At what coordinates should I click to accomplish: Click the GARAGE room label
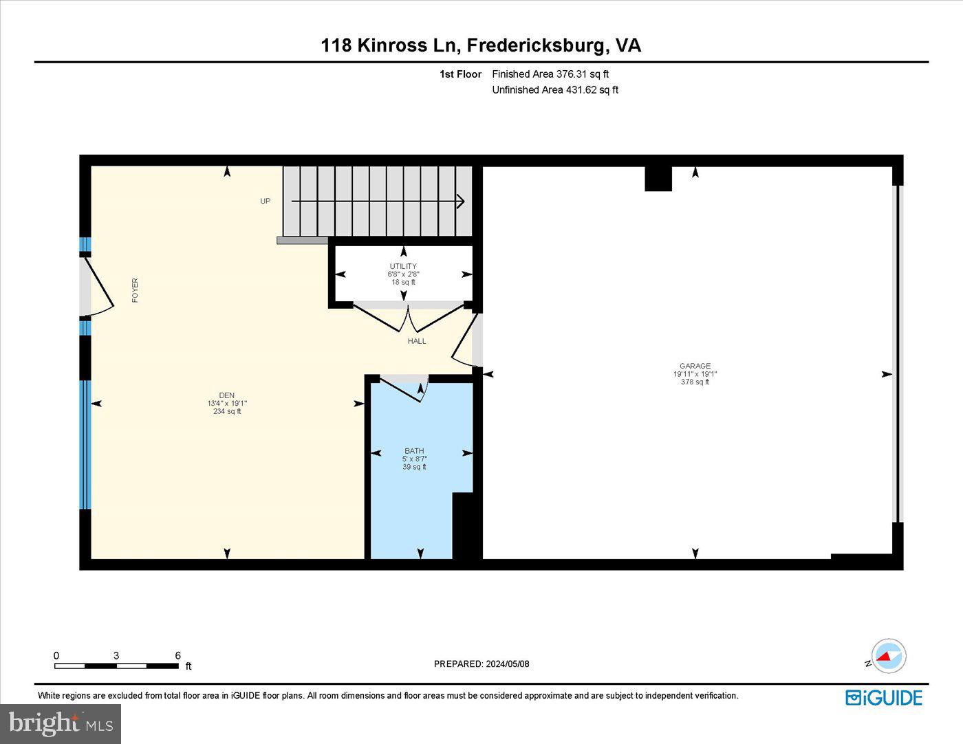(695, 366)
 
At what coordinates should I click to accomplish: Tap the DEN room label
(227, 395)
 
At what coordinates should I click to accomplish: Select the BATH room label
(414, 451)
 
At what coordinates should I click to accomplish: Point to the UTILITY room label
(403, 266)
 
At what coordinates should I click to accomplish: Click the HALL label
(417, 341)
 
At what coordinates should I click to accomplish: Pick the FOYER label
(135, 290)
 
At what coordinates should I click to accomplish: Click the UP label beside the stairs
(266, 201)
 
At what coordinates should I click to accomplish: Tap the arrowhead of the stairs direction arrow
(461, 201)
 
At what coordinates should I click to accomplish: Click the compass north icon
(888, 656)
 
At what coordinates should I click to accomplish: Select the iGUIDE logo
(884, 697)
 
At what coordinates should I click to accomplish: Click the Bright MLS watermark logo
(61, 723)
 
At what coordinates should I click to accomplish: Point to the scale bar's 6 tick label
(178, 655)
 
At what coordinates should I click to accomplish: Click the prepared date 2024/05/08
(508, 664)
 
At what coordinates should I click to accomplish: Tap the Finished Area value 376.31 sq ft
(583, 74)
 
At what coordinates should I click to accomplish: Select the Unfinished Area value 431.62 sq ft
(592, 90)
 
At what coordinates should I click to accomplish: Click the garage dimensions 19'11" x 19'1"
(695, 374)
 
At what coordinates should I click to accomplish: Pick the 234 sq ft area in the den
(227, 412)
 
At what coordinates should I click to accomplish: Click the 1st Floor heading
(460, 74)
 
